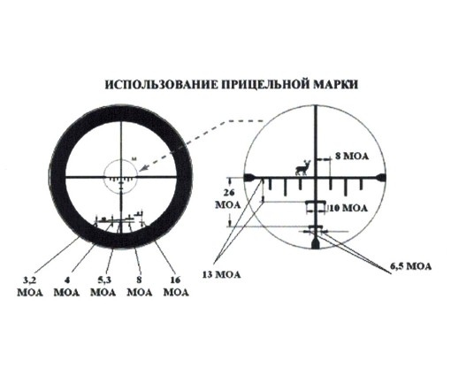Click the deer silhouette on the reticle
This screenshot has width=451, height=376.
point(303,168)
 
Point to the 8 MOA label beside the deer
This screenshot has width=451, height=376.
point(352,156)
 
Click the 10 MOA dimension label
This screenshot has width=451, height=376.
point(348,209)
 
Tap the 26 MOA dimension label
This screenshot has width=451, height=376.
point(228,199)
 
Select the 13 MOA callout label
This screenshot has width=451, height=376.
point(221,274)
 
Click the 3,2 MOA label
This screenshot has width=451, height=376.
point(30,287)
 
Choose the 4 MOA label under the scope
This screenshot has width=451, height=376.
point(67,287)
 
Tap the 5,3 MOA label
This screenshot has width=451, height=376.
point(103,287)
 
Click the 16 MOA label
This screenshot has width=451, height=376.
point(176,287)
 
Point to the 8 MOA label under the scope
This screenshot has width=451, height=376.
point(140,287)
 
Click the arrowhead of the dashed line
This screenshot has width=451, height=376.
point(142,168)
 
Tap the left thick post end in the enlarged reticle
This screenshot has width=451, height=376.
point(249,178)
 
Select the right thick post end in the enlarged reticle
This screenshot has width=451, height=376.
point(380,178)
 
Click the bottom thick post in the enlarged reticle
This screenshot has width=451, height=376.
point(316,243)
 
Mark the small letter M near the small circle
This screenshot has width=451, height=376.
point(134,159)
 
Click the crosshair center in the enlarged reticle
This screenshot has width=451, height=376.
point(317,178)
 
